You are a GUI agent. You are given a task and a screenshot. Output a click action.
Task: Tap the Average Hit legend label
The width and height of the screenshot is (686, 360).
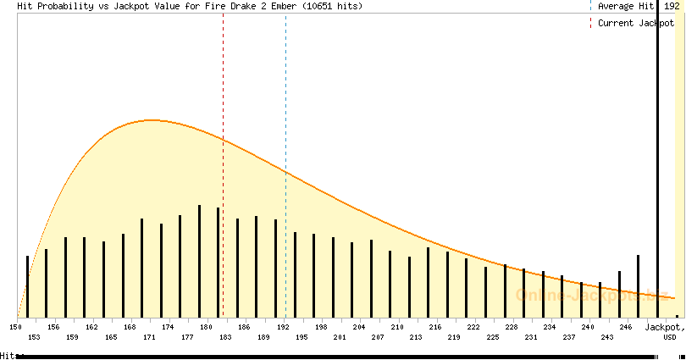click(x=626, y=6)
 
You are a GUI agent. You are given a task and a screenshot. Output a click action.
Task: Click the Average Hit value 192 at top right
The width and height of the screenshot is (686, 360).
click(x=672, y=6)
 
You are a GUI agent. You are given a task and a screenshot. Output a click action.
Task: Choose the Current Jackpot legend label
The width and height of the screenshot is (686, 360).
click(x=636, y=23)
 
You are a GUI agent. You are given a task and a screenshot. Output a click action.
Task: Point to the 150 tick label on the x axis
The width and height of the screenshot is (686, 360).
click(x=15, y=326)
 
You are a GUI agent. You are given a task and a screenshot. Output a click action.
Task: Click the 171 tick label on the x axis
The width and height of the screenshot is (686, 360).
click(x=149, y=337)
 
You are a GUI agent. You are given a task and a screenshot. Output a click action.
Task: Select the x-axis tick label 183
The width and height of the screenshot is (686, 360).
click(x=225, y=337)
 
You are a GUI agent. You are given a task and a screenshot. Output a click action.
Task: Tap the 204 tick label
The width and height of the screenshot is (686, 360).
click(x=359, y=326)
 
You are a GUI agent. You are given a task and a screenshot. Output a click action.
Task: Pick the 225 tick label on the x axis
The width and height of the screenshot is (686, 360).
click(x=493, y=337)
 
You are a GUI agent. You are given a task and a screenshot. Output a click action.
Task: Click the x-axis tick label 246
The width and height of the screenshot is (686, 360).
click(x=626, y=326)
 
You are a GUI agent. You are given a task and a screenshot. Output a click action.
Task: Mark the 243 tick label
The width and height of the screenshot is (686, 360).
click(x=607, y=337)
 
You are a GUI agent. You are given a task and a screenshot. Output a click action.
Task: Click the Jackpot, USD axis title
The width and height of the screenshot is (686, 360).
click(x=663, y=330)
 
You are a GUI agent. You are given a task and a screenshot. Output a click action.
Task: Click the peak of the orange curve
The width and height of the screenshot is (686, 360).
click(x=151, y=120)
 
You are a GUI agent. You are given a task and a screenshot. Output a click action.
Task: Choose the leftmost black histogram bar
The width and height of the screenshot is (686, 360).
click(x=27, y=286)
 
